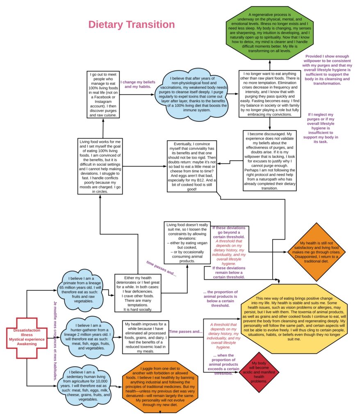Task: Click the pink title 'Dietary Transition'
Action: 132,25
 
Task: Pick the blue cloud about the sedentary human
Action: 87,385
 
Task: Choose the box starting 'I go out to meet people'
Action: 103,94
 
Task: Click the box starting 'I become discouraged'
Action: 269,156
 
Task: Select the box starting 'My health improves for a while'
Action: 146,337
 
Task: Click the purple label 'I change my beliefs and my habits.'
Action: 136,84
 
